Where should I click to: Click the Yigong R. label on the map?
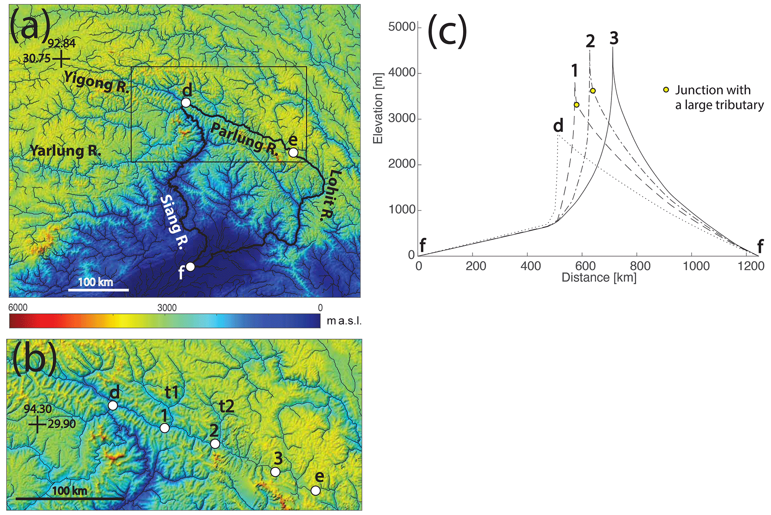[x=96, y=82]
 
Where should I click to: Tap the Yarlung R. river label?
[x=65, y=151]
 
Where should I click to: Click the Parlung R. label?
[x=244, y=140]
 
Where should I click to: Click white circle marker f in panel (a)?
[x=190, y=267]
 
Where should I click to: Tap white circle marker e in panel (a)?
[x=293, y=152]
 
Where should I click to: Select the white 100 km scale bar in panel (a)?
[x=98, y=290]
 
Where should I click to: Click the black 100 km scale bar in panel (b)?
[x=70, y=498]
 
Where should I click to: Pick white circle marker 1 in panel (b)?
[x=164, y=428]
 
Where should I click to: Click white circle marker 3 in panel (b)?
[x=275, y=472]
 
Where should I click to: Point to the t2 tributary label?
[x=226, y=406]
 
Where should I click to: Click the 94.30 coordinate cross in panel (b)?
[x=37, y=424]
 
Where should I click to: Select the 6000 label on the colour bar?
[x=18, y=308]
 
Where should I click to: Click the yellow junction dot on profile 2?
[x=593, y=91]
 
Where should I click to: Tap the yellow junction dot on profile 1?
[x=576, y=105]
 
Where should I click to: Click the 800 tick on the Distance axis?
[x=637, y=266]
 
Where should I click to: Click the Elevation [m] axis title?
[x=378, y=108]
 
